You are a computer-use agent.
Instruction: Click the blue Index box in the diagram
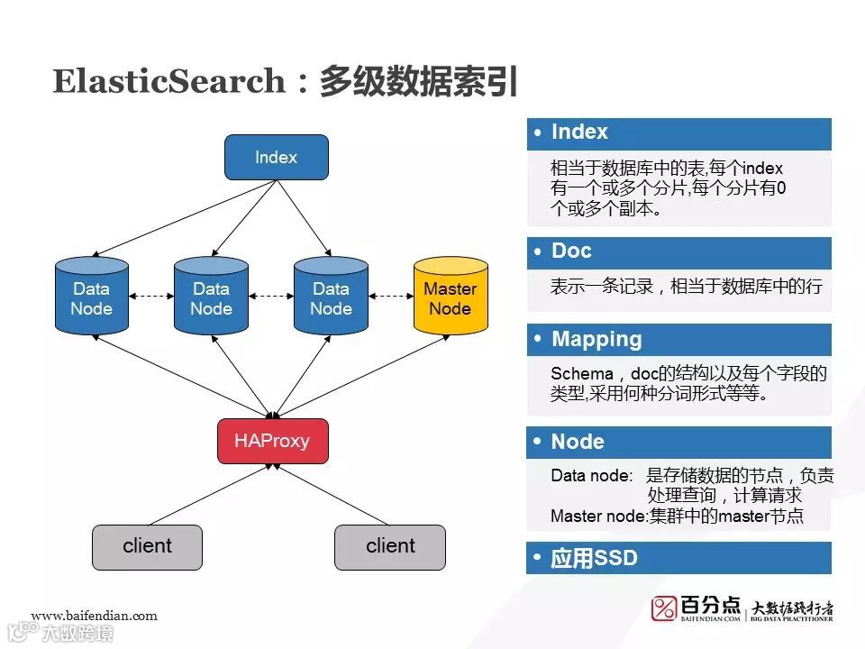point(276,158)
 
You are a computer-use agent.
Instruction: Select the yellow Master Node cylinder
point(450,297)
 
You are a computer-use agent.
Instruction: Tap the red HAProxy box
point(272,441)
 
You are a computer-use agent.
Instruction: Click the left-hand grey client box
point(147,546)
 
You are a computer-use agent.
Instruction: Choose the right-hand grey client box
point(390,546)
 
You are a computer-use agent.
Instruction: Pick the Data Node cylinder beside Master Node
point(331,297)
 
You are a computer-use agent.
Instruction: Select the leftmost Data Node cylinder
point(91,297)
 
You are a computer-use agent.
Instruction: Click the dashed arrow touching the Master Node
point(390,295)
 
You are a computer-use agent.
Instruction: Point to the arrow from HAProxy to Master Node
point(360,377)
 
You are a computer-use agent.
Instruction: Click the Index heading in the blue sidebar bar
point(579,133)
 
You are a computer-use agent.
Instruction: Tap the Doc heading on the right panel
point(571,251)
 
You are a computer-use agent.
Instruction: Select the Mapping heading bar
point(596,340)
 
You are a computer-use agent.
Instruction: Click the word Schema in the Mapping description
point(576,374)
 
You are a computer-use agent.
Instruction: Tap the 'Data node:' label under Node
point(591,476)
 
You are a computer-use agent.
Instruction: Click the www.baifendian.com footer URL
point(94,617)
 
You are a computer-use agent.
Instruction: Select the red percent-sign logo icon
point(664,608)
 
